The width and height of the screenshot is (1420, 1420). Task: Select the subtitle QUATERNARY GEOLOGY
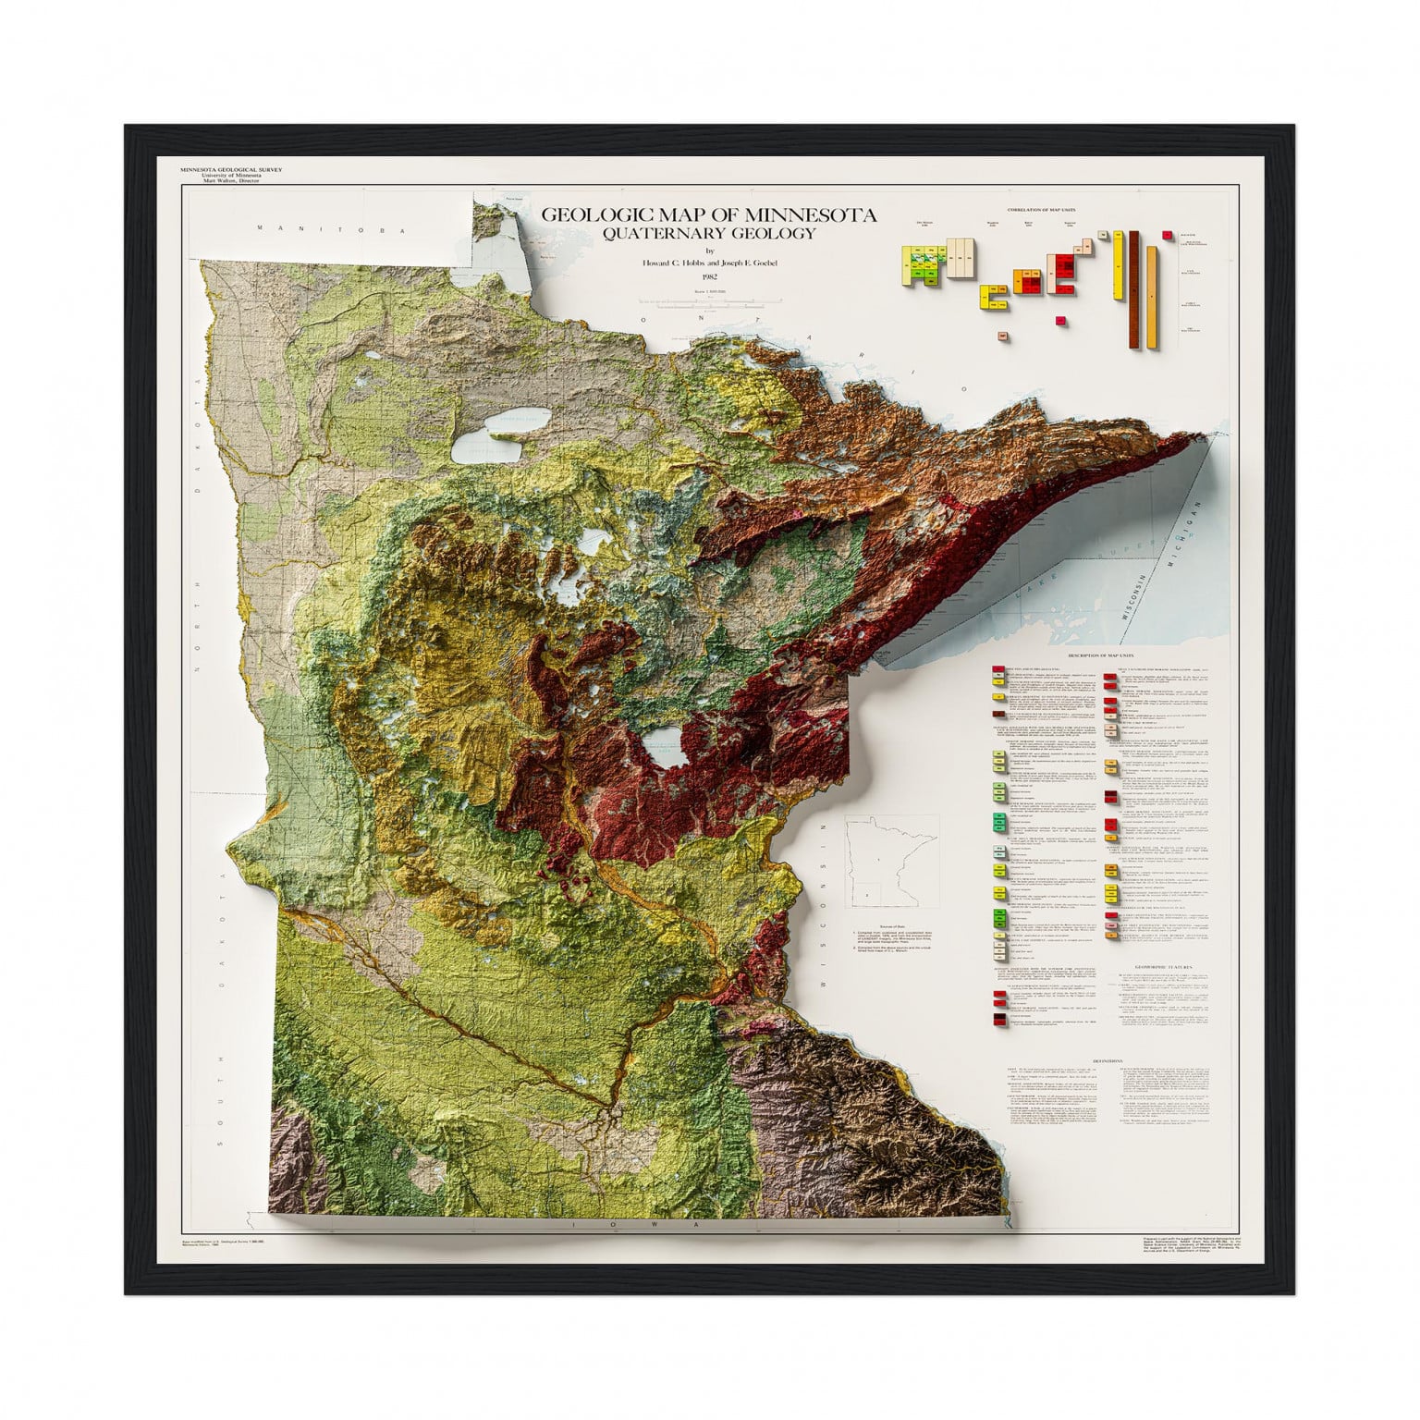click(x=708, y=233)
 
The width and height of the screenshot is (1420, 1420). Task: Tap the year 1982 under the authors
click(x=709, y=275)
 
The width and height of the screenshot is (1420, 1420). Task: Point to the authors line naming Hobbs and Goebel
click(x=709, y=263)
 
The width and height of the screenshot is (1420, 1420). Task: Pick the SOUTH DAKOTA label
click(x=222, y=1008)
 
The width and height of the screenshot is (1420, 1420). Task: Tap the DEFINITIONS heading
click(x=1108, y=1061)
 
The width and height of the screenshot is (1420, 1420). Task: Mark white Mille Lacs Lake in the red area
click(x=667, y=746)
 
